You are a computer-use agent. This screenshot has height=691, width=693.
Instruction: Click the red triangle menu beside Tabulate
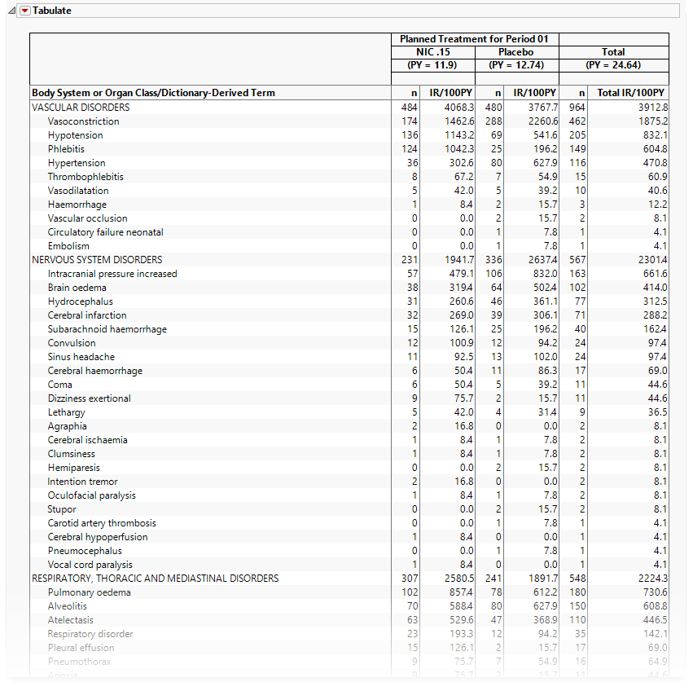coord(24,11)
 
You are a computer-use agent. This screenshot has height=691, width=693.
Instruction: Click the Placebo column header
coord(516,52)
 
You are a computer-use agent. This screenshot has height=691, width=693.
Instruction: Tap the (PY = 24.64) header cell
coord(613,65)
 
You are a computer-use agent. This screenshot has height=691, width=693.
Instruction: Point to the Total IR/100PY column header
coord(631,93)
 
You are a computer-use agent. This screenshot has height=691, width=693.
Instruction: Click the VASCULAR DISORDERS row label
coord(81,108)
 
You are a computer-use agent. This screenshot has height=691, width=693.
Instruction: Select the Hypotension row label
coord(75,135)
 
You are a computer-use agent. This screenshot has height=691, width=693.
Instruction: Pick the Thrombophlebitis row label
coord(86,177)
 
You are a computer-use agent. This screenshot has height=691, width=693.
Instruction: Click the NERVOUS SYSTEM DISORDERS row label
coord(97,260)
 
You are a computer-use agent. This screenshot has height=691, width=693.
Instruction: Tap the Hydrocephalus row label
coord(80,301)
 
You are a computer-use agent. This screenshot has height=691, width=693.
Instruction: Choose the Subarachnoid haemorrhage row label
coord(107,329)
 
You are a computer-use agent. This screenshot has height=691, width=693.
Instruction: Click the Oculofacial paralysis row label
coord(91,495)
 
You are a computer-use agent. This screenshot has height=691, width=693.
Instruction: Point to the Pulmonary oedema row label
coord(89,592)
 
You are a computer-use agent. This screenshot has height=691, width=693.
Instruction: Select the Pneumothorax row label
coord(80,662)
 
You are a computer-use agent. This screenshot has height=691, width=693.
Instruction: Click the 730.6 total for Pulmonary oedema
coord(655,592)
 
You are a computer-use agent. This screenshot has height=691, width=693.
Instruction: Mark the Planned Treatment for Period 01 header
coord(474,39)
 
